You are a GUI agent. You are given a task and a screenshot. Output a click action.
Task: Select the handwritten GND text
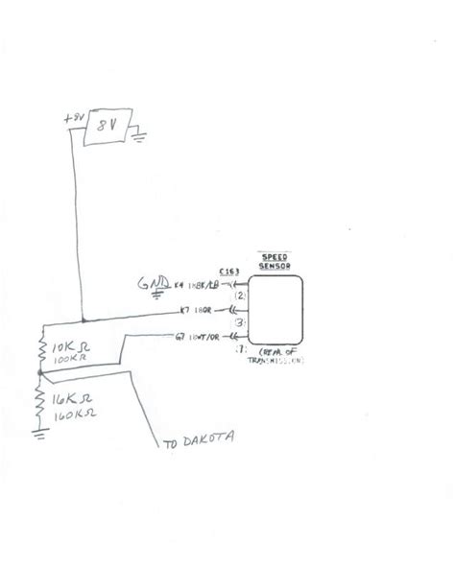coord(155,283)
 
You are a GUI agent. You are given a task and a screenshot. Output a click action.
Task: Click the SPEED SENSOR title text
coord(275,261)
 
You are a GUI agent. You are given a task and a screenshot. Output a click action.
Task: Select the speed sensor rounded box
coord(276,310)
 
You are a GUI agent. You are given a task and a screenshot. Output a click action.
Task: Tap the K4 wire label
coord(182,285)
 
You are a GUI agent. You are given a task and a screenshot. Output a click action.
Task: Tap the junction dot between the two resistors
coord(39,372)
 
